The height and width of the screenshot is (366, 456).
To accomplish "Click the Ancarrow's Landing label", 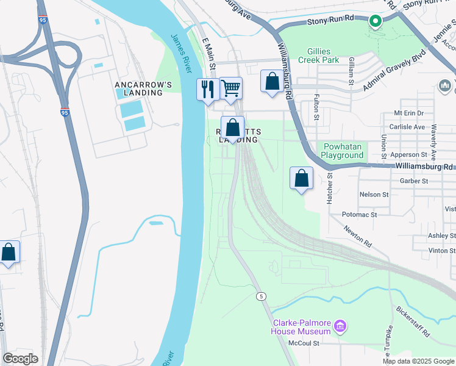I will pyautogui.click(x=139, y=88).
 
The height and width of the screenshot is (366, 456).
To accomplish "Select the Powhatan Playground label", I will pyautogui.click(x=343, y=151).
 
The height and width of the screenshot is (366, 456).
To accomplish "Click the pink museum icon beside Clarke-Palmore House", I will pyautogui.click(x=340, y=327).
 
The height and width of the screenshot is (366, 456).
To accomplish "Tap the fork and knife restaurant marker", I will pyautogui.click(x=207, y=89).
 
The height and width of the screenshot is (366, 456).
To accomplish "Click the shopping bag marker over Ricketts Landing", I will pyautogui.click(x=232, y=128).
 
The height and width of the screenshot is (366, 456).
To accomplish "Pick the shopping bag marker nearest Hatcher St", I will pyautogui.click(x=301, y=179).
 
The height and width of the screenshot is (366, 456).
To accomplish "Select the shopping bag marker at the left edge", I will pyautogui.click(x=9, y=252).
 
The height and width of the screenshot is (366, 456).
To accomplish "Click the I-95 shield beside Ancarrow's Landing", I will pyautogui.click(x=65, y=112).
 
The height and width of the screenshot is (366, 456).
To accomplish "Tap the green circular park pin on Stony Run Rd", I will pyautogui.click(x=376, y=23).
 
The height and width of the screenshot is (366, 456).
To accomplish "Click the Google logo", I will pyautogui.click(x=20, y=359).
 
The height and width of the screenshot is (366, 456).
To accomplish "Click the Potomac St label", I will pyautogui.click(x=359, y=215).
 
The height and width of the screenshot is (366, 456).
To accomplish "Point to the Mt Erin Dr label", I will pyautogui.click(x=408, y=113).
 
